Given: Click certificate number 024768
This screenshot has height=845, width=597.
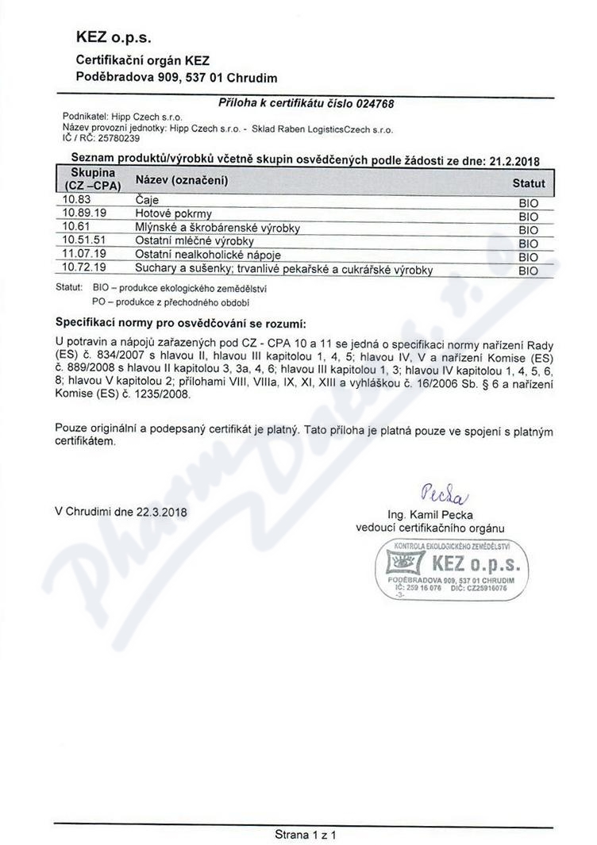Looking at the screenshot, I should coord(375,103).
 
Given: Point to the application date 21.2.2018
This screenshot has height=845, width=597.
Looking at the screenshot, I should coord(510,159).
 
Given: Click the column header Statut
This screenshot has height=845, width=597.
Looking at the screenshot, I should coord(529,183).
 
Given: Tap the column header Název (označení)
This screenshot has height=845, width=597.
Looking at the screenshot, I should coord(182,181).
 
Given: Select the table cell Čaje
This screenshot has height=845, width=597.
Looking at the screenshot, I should coord(148,201).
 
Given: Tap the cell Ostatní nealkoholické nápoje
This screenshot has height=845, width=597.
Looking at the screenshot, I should coord(209,255).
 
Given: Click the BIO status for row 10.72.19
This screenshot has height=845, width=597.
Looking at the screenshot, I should coord(528,271).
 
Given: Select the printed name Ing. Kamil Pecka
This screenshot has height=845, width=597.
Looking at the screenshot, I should coord(429,514).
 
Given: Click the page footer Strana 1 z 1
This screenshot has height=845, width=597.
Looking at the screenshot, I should coord(306,835).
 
